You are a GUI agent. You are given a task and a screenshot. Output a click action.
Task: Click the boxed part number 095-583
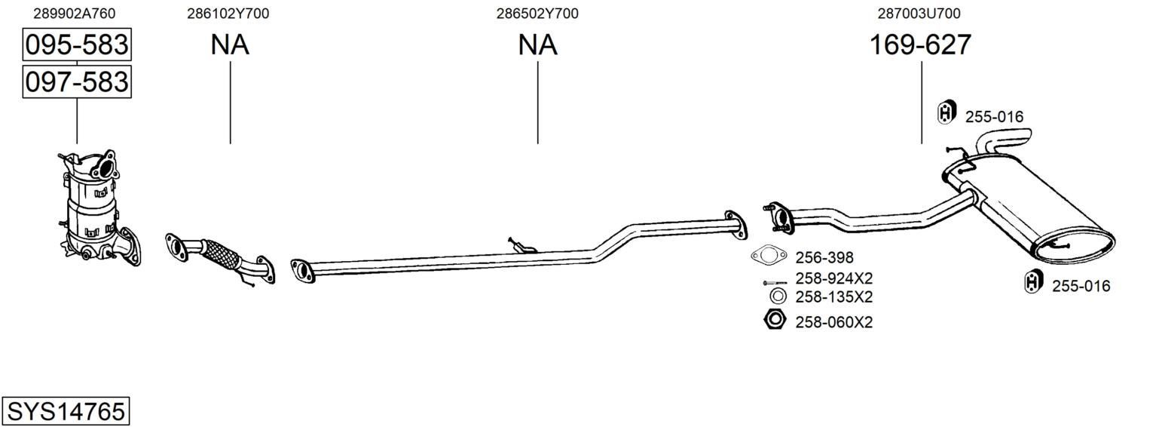[77, 45]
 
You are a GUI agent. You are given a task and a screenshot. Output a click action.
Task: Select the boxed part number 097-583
[77, 81]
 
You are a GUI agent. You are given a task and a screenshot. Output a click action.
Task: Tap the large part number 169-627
[920, 45]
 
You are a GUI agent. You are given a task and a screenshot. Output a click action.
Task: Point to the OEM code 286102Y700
[228, 14]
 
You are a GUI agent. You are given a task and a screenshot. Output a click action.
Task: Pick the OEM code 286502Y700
[537, 14]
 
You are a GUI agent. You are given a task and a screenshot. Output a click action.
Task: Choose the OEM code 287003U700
[919, 14]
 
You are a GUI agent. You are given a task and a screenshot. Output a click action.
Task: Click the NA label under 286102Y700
[230, 45]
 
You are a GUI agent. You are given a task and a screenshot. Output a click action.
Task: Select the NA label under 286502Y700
[537, 45]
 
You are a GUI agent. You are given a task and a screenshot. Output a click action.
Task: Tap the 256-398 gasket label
[824, 257]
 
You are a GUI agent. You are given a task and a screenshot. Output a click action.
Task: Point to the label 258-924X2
[833, 278]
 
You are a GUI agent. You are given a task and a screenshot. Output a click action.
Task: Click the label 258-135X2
[833, 296]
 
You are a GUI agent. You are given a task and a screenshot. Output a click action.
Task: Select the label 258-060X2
[833, 322]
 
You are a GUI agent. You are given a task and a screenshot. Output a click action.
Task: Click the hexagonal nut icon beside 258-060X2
[775, 320]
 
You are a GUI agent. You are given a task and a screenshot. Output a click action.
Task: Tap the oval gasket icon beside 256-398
[768, 256]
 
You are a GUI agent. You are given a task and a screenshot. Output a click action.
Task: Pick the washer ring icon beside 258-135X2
[778, 296]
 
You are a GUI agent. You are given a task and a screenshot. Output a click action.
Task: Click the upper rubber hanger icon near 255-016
[946, 112]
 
